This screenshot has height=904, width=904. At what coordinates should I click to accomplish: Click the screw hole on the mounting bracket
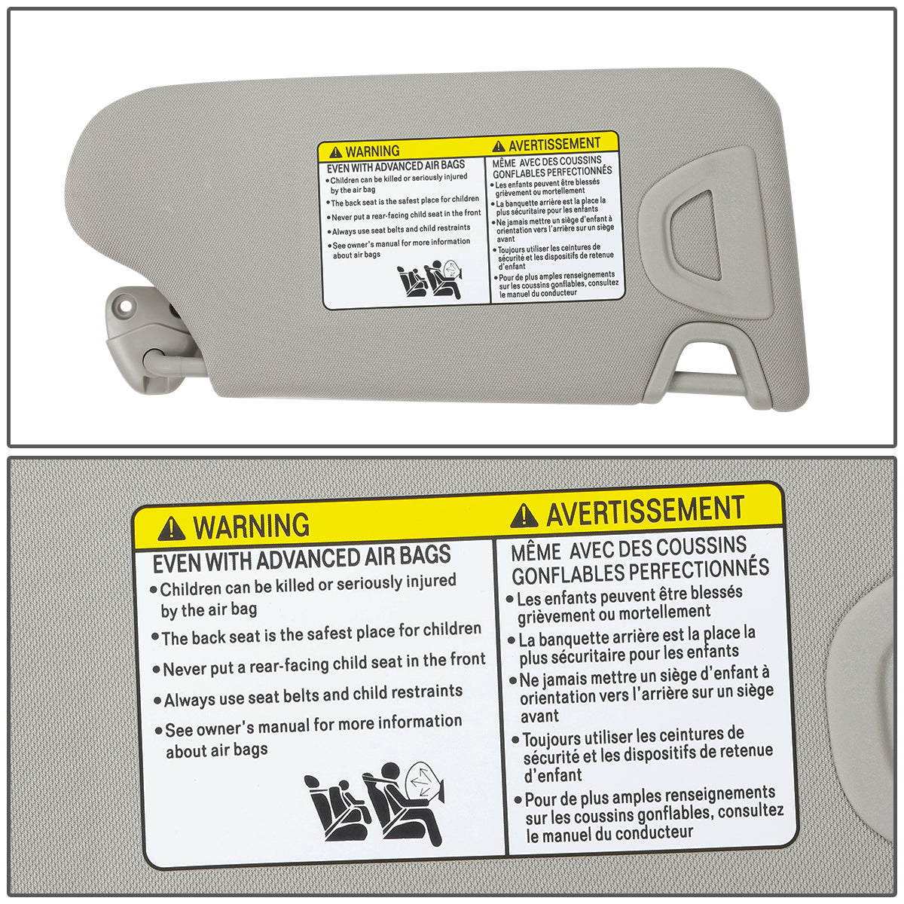click(125, 304)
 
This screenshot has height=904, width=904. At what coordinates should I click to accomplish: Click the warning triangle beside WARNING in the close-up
click(171, 528)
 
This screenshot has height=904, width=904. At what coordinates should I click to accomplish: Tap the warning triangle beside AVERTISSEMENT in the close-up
click(524, 516)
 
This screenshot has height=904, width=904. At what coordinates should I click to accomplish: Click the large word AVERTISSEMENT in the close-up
click(646, 511)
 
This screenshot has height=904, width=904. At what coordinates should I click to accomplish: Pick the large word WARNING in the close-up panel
click(251, 526)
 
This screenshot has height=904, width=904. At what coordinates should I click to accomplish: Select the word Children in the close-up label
click(191, 588)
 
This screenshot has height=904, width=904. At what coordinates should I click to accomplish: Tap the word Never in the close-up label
click(183, 668)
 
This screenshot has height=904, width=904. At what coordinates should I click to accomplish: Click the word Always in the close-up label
click(189, 700)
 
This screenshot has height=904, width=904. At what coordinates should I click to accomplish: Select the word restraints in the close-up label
click(428, 692)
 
